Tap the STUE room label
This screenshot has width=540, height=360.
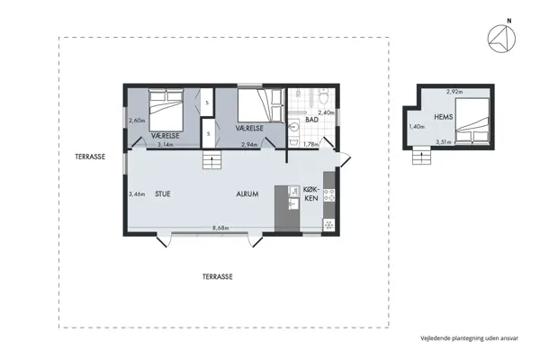[163, 193]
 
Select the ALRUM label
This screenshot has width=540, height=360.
[248, 193]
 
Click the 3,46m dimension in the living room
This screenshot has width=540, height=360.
[137, 193]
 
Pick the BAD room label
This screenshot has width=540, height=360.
[312, 120]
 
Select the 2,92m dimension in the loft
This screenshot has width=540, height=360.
[454, 92]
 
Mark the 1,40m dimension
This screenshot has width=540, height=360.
[416, 127]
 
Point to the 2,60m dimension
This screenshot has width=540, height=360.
[137, 121]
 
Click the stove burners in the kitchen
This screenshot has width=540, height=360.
[328, 193]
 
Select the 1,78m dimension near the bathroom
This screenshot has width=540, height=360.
[310, 144]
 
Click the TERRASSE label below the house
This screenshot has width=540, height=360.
[217, 278]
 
